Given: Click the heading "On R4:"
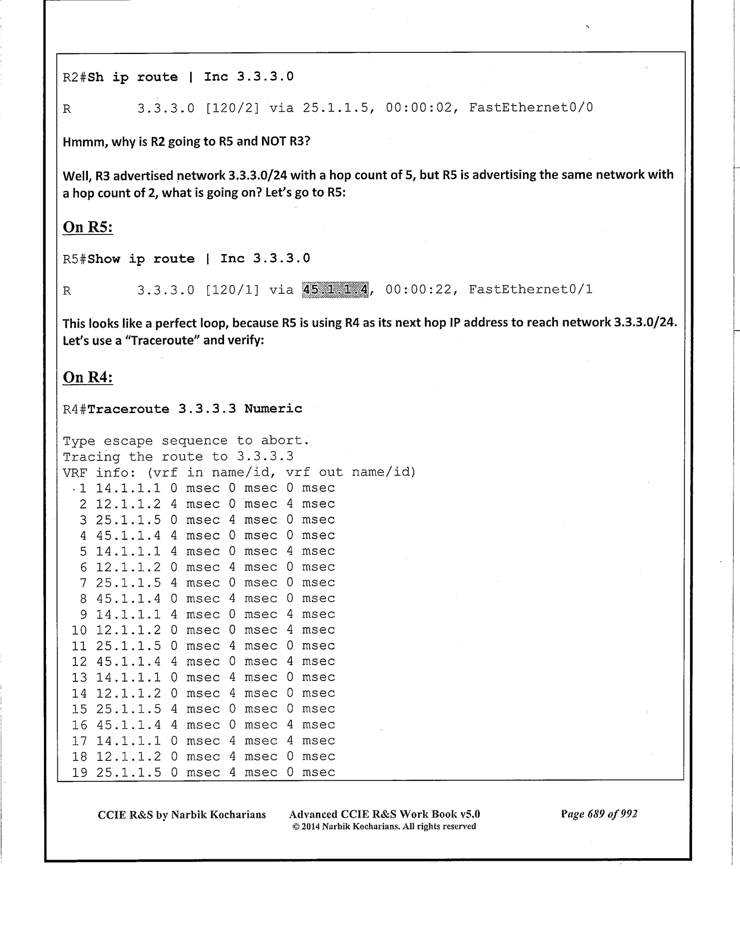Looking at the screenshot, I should click(87, 377).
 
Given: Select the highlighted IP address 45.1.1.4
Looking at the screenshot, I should click(335, 290).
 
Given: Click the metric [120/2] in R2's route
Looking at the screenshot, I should click(232, 108).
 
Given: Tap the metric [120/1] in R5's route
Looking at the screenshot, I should click(232, 290).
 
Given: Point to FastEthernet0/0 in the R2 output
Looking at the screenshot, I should click(531, 108).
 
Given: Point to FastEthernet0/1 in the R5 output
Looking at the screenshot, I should click(530, 290).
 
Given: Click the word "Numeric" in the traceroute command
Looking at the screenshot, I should click(273, 409).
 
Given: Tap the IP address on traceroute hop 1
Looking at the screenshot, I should click(128, 488).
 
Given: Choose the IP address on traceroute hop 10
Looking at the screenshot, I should click(128, 630).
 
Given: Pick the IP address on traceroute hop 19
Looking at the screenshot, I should click(128, 772).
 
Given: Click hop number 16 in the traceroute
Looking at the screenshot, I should click(79, 725).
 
